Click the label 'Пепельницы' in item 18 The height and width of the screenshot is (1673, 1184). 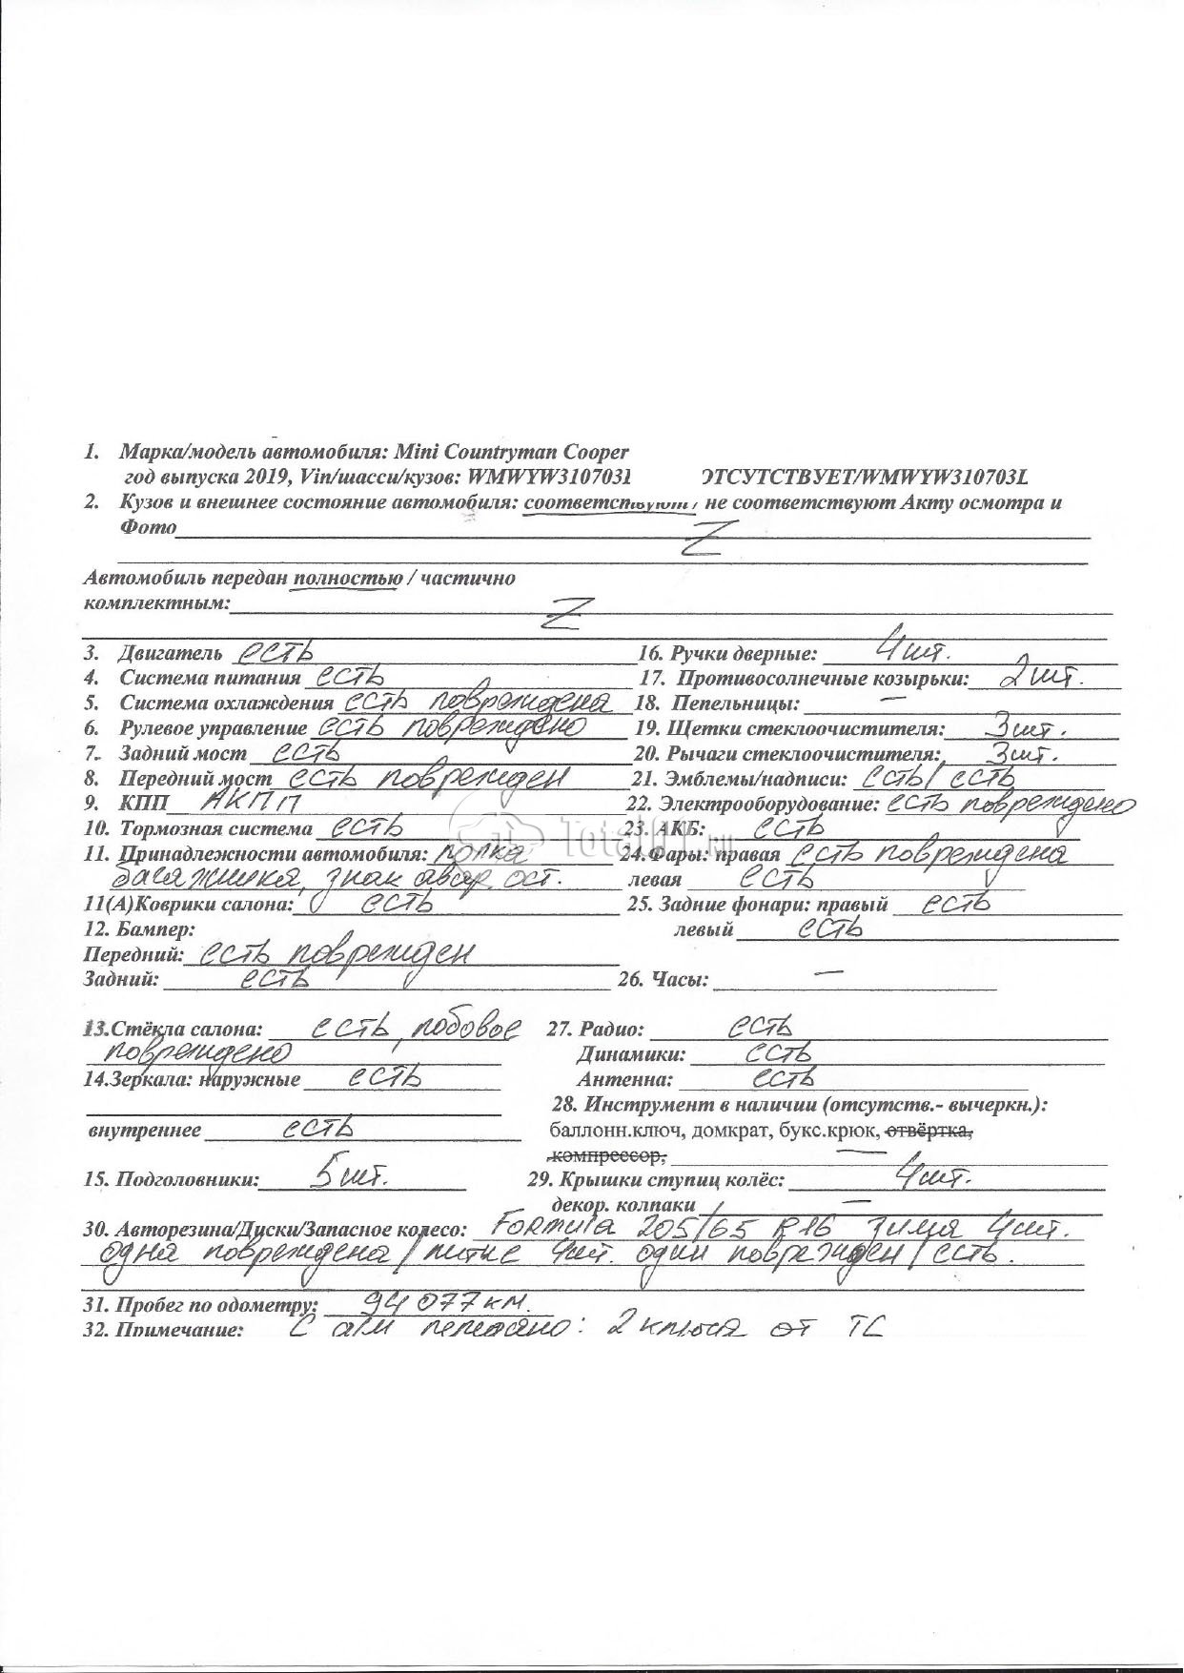pos(735,704)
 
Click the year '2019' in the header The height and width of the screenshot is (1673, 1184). pos(272,476)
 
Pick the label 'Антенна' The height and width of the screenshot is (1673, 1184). pos(624,1080)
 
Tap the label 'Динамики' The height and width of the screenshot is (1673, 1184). pos(630,1055)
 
